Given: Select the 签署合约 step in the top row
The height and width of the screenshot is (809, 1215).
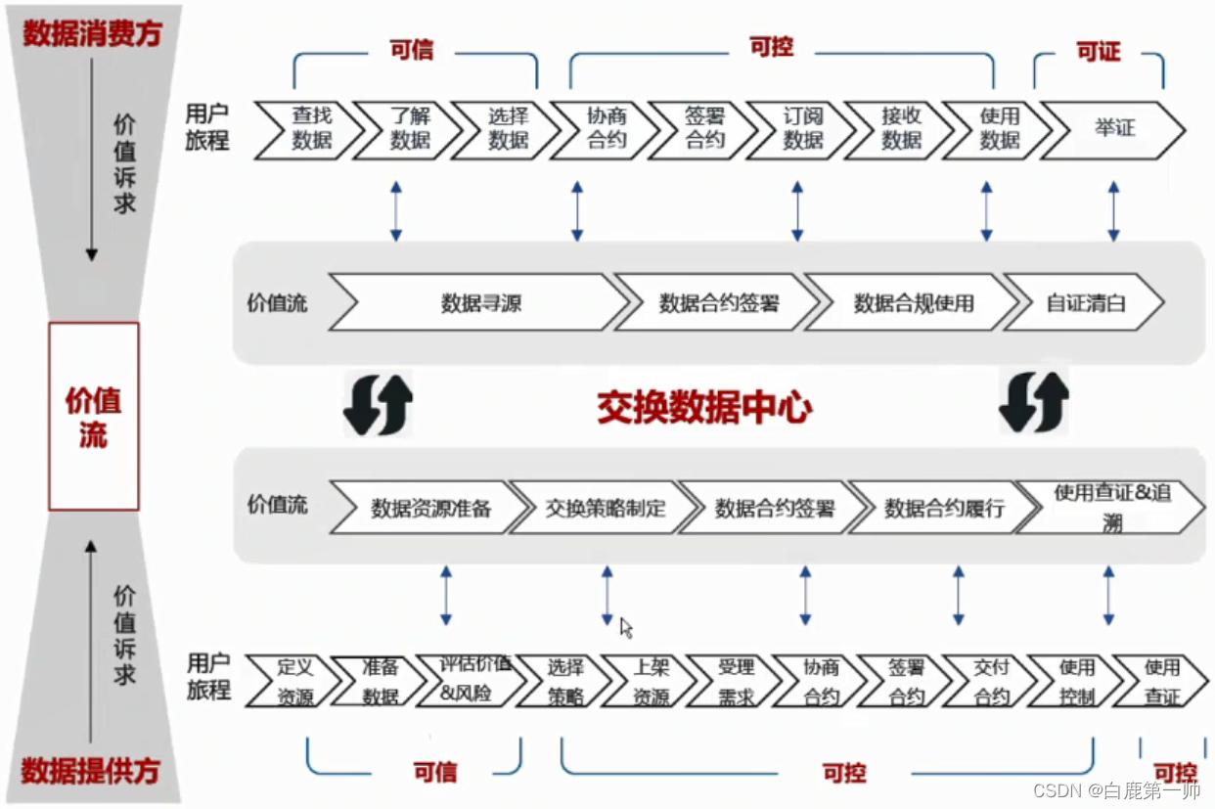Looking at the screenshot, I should point(704,128).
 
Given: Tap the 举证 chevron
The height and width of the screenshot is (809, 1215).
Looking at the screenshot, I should point(1113,128).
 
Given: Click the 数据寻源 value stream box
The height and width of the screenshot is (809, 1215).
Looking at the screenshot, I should point(479,303).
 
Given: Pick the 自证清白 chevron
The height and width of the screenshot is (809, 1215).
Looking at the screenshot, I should point(1084,303).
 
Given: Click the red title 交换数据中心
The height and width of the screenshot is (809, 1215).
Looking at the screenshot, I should point(704,407).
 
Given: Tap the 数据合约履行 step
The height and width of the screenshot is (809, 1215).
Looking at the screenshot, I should point(943,509).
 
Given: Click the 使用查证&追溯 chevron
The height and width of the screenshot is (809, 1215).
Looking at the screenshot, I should point(1111,507).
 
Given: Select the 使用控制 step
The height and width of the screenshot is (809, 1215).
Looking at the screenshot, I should point(1076,682).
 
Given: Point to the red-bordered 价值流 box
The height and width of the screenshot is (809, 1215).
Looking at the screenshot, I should point(94,417).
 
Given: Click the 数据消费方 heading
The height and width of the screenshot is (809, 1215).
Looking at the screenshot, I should point(92,33).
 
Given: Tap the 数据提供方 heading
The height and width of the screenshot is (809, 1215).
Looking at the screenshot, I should point(90,771).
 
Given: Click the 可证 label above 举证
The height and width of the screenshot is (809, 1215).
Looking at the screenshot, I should point(1098,52).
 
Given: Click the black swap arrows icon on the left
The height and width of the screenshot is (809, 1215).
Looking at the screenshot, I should point(378,403).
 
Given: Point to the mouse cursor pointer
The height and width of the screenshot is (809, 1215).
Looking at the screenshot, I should point(626,627).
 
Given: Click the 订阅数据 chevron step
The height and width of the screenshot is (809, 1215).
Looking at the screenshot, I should point(802,128).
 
